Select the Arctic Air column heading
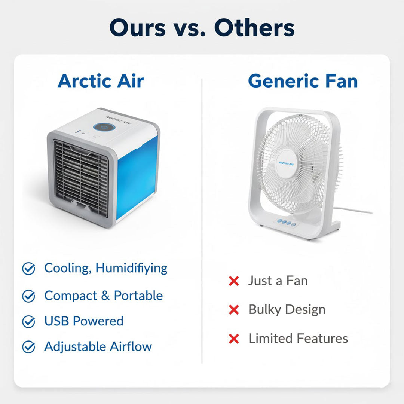click(101, 81)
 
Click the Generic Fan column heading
click(303, 81)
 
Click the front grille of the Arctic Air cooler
click(81, 177)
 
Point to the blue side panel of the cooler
click(136, 176)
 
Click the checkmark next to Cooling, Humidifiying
click(29, 269)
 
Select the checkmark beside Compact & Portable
click(29, 296)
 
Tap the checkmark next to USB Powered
click(29, 322)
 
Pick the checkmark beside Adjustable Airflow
click(29, 347)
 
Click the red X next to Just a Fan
click(234, 281)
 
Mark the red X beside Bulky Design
click(234, 310)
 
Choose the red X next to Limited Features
click(234, 339)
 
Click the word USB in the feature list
click(57, 321)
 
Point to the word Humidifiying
click(131, 268)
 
